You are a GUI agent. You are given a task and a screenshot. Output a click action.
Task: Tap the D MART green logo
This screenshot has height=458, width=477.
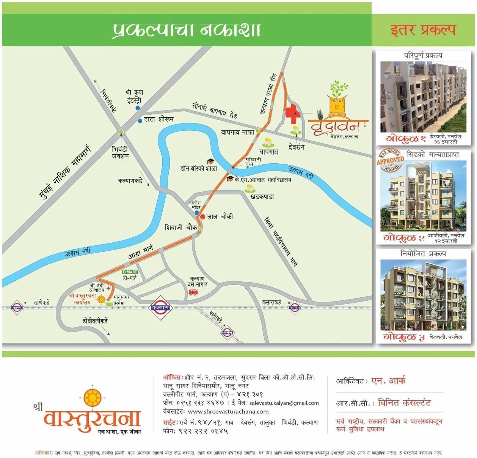pos(130,272)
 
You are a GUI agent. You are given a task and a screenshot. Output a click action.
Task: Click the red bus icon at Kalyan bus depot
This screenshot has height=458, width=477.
pos(193,292)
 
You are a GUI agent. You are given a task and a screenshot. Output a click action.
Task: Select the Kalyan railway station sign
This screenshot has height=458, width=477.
pos(161,308)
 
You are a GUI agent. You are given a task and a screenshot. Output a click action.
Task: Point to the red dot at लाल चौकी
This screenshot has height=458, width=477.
pos(202,217)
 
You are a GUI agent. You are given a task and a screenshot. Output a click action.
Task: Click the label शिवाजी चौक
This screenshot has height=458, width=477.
pos(180,227)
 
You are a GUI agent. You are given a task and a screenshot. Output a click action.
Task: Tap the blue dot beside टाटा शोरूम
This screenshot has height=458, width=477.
pos(140,120)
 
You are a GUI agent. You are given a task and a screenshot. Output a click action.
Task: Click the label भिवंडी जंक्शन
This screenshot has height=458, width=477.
pos(120,153)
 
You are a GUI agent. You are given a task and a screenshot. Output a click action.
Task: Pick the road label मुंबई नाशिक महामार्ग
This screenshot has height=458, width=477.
pos(65,172)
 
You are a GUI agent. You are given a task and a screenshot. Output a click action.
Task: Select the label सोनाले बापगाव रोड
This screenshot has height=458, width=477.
pos(215,110)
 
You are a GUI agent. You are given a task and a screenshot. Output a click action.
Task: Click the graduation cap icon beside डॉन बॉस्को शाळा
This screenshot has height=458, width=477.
pos(210,162)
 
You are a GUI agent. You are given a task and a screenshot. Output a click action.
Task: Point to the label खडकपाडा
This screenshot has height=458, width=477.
pos(262,197)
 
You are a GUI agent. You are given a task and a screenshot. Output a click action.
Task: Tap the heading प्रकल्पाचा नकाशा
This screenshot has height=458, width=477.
pos(187,30)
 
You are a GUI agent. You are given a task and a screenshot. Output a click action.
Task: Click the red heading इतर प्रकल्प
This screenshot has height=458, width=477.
pos(423,30)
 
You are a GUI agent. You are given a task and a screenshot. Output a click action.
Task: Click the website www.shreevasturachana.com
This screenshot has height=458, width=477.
pos(228,411)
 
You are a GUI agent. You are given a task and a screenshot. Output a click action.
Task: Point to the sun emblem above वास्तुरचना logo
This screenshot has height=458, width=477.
pos(92,398)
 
